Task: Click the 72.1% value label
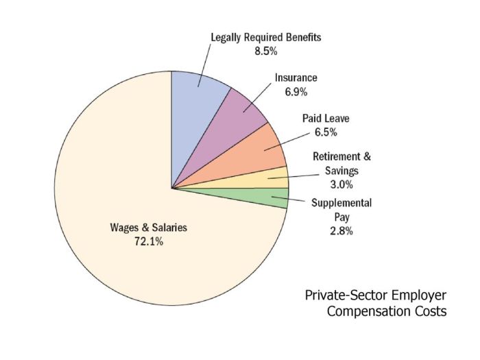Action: pyautogui.click(x=149, y=241)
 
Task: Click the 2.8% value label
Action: pyautogui.click(x=341, y=230)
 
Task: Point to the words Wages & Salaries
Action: pyautogui.click(x=149, y=228)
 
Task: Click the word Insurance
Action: pyautogui.click(x=296, y=78)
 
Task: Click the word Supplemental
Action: pyautogui.click(x=341, y=203)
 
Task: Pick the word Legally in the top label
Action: pyautogui.click(x=226, y=37)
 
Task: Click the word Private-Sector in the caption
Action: pyautogui.click(x=347, y=296)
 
